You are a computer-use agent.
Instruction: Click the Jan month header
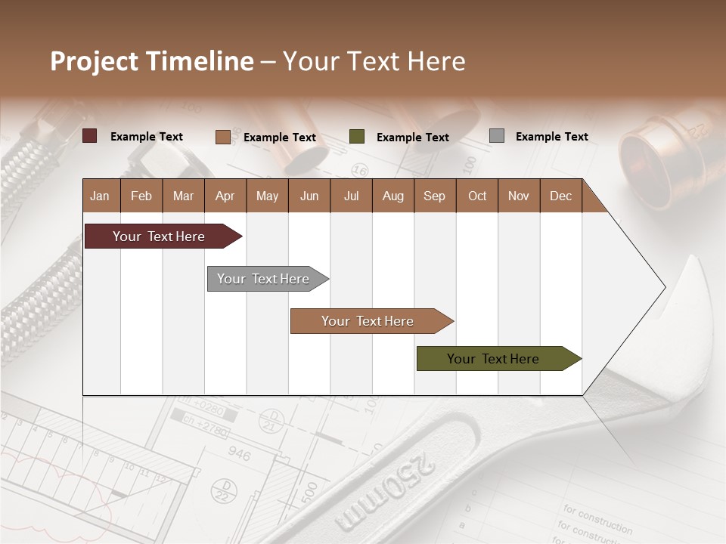point(100,196)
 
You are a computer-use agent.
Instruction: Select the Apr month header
point(225,196)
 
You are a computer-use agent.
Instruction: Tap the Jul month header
point(351,196)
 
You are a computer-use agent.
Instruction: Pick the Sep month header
point(434,196)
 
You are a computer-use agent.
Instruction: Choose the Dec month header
point(560,196)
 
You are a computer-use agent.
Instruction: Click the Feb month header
point(141,196)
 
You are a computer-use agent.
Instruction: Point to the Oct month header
point(477,196)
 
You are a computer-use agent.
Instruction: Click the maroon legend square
point(90,136)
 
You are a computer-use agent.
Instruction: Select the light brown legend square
point(222,137)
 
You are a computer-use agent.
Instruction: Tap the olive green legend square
point(357,137)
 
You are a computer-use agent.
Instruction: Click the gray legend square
point(497,136)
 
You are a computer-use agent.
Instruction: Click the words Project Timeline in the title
point(152,61)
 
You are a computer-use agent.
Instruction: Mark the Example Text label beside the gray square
point(551,137)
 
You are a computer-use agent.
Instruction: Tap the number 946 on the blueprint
point(239,455)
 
